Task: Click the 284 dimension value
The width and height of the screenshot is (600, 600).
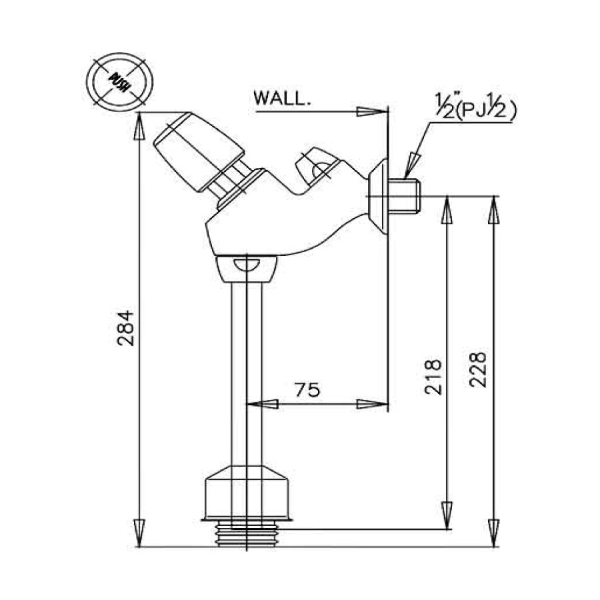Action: point(126,327)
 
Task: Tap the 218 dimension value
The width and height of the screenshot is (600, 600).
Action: point(433,377)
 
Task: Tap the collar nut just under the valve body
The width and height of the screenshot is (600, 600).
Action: point(246,268)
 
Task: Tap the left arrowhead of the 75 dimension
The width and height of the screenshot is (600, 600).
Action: point(261,403)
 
